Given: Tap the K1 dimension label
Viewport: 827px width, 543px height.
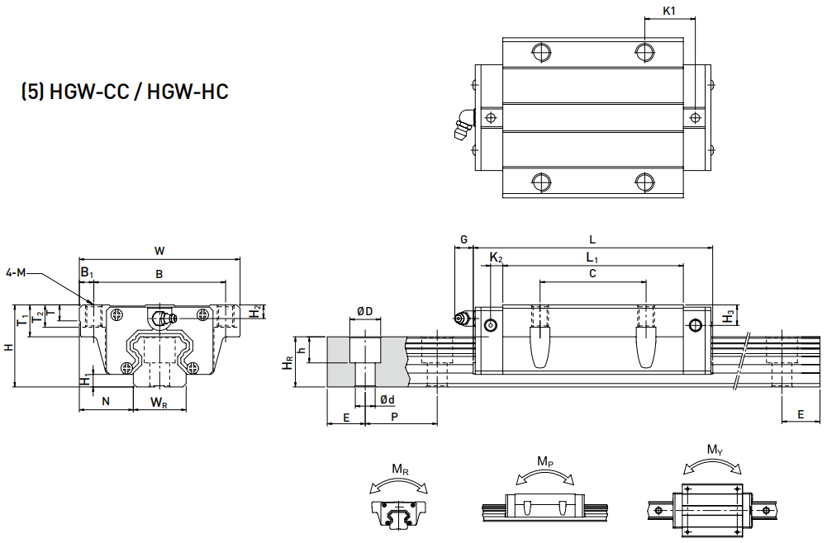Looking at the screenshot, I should (x=669, y=12).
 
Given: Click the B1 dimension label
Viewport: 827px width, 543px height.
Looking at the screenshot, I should (x=87, y=272).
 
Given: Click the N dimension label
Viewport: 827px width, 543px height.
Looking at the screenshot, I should (x=105, y=401).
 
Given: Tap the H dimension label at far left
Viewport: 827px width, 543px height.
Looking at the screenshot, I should (x=8, y=347).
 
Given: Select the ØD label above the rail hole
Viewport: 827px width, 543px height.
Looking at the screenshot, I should (x=364, y=311).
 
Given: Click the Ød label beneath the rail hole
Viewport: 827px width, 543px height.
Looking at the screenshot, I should (x=387, y=399).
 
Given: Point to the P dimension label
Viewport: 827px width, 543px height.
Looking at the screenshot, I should (x=395, y=418).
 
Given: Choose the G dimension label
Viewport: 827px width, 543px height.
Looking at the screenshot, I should (x=463, y=239).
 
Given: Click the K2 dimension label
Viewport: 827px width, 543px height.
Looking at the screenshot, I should (x=496, y=258).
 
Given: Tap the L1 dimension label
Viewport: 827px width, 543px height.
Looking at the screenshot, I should (x=592, y=258).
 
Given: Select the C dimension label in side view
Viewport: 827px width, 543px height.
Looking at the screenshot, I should (x=592, y=273).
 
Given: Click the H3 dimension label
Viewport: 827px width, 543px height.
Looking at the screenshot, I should (x=728, y=317).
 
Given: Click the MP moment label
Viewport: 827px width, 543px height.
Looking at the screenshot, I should (x=545, y=460).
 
